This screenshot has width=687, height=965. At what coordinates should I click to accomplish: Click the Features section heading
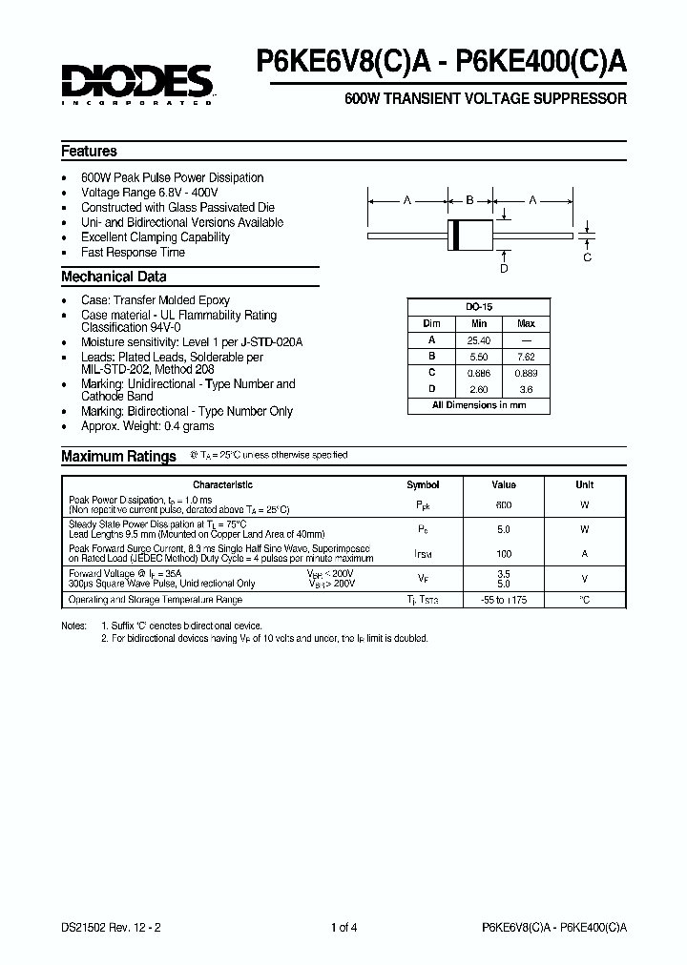89,151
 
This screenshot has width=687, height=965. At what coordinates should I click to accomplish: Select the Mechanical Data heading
114,277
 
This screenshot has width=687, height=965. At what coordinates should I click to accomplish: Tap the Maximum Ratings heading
118,457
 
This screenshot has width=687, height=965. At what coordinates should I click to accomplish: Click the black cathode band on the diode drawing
455,235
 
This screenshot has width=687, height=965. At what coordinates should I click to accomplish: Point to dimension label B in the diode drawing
469,200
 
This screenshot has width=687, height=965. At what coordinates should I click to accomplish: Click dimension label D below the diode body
504,269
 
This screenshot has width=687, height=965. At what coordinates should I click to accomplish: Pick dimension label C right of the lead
587,257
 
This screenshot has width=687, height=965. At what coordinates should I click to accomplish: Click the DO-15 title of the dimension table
479,308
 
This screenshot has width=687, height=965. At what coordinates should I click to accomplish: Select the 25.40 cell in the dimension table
479,340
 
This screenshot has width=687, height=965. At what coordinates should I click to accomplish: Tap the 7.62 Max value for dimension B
526,357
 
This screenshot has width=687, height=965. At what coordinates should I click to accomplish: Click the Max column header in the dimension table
526,324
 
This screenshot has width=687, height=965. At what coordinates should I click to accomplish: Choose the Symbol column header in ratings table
423,484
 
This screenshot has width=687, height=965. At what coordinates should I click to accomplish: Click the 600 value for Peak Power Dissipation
504,504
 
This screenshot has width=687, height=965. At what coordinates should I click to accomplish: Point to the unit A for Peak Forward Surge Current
584,553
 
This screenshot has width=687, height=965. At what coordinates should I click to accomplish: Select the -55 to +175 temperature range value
504,600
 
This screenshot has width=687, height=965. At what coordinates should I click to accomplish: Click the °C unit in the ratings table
584,600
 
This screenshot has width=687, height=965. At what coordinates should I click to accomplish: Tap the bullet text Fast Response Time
133,253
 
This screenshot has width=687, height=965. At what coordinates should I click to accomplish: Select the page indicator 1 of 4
343,927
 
